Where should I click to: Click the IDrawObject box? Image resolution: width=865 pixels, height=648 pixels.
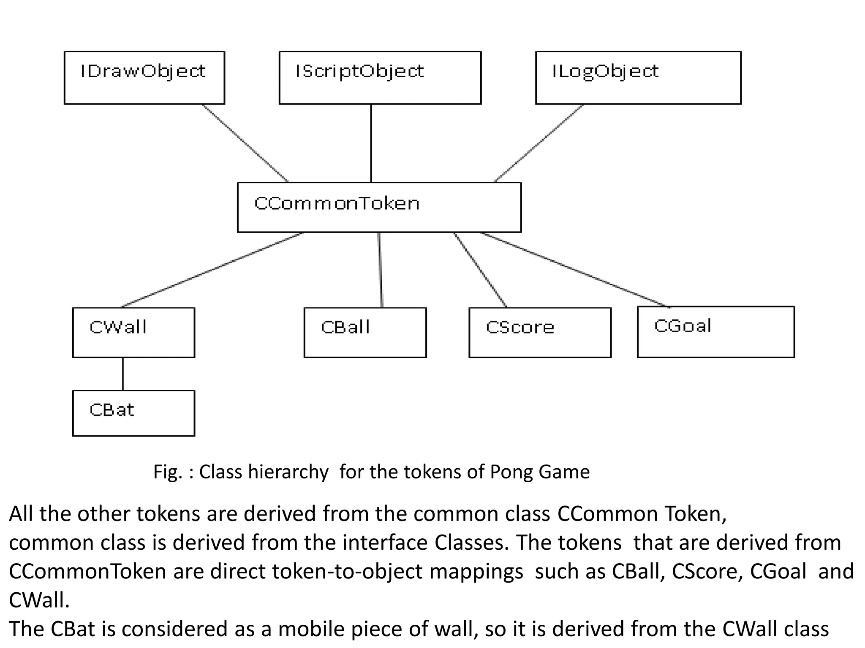(x=144, y=78)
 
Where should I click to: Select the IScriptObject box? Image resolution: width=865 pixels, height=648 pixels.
(x=380, y=78)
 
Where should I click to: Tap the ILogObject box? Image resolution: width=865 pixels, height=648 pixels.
(x=638, y=78)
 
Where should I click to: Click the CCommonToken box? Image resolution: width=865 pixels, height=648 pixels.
(x=379, y=207)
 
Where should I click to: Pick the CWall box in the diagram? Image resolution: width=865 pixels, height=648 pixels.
(x=133, y=332)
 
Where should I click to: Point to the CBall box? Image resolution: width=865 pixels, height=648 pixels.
(x=365, y=332)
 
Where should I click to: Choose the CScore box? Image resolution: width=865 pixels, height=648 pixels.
(x=540, y=332)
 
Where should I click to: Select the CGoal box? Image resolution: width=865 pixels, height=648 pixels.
(x=715, y=332)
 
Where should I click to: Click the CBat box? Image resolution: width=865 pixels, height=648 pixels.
(x=133, y=413)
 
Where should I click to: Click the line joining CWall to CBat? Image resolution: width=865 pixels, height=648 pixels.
(x=123, y=374)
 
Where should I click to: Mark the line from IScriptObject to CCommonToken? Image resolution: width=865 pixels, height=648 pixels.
(x=371, y=143)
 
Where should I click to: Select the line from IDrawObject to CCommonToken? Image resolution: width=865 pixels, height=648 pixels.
(x=245, y=143)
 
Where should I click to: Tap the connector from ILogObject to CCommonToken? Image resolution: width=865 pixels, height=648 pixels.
(x=539, y=143)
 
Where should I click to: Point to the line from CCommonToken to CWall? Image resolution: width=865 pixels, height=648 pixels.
(x=212, y=270)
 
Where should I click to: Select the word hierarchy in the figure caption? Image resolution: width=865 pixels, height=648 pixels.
(x=288, y=472)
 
